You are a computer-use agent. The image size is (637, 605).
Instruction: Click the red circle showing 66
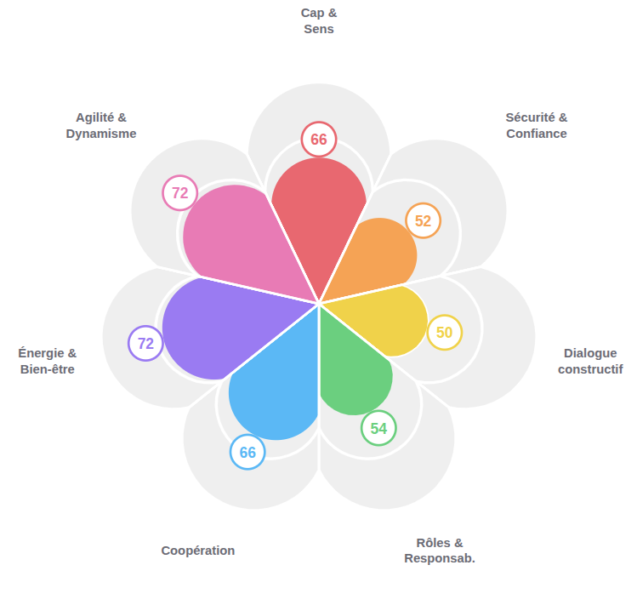click(x=319, y=140)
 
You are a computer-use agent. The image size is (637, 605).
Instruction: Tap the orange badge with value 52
click(x=423, y=221)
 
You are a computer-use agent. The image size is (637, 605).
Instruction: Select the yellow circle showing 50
click(x=444, y=333)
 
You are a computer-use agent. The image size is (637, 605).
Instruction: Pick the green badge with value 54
click(x=378, y=428)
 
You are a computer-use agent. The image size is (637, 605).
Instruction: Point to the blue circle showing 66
click(x=247, y=452)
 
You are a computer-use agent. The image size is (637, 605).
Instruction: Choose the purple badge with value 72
click(x=145, y=344)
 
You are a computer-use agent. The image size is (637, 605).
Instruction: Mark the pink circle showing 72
click(x=180, y=193)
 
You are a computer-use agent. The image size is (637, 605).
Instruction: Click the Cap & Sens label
click(x=319, y=21)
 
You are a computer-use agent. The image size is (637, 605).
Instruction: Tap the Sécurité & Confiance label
click(x=536, y=125)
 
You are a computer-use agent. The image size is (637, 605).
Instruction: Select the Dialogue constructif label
click(x=590, y=361)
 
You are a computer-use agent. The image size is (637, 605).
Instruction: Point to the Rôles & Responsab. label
click(x=440, y=551)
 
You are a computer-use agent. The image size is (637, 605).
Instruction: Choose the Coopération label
click(x=198, y=551)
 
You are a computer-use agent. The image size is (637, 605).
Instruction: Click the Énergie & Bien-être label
click(x=48, y=361)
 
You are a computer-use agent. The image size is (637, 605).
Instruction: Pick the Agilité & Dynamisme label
click(x=101, y=125)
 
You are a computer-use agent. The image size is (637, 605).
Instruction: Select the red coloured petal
click(x=319, y=213)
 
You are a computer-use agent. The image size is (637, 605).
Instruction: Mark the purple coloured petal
click(x=221, y=328)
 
